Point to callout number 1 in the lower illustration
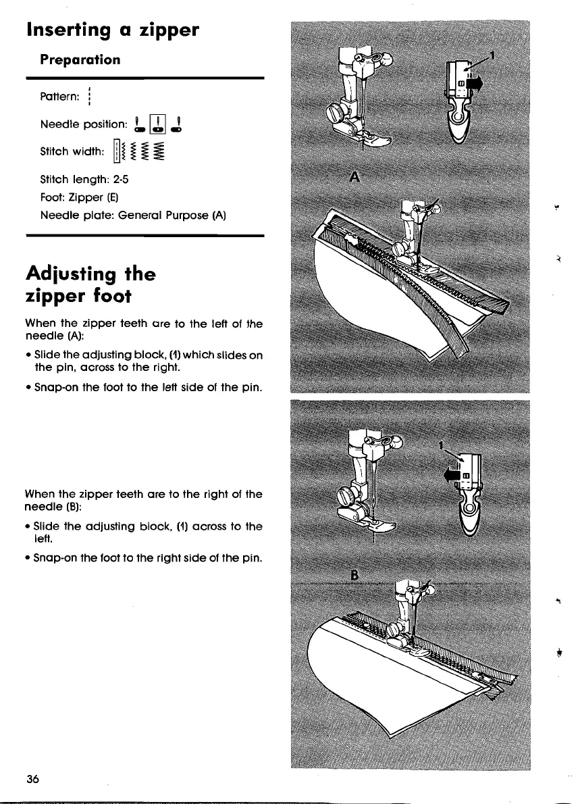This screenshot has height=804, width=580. [x=440, y=446]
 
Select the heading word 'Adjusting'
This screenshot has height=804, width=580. [x=72, y=274]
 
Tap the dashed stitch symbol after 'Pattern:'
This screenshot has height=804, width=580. [x=88, y=99]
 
